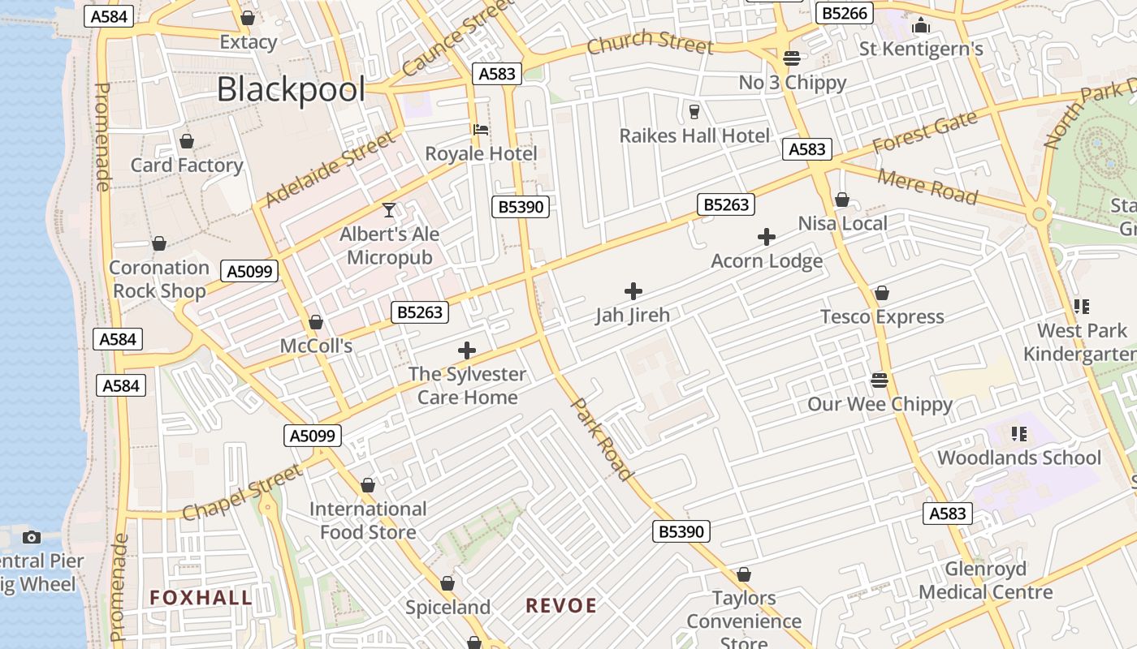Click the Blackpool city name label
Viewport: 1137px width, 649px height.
pyautogui.click(x=291, y=89)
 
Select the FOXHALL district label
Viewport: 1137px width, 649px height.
pyautogui.click(x=201, y=599)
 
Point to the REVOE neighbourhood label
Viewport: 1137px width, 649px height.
pyautogui.click(x=561, y=606)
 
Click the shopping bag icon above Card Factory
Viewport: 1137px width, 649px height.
pyautogui.click(x=187, y=142)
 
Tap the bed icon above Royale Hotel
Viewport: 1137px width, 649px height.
pyautogui.click(x=481, y=130)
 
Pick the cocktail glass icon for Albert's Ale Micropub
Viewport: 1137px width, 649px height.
pyautogui.click(x=390, y=211)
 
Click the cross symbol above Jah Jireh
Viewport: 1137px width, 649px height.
pyautogui.click(x=633, y=291)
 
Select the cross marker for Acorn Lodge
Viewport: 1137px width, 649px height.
pyautogui.click(x=766, y=237)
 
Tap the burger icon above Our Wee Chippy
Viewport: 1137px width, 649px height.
pyautogui.click(x=880, y=380)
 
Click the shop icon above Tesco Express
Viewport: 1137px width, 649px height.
pyautogui.click(x=882, y=293)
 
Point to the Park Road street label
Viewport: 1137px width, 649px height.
pyautogui.click(x=602, y=438)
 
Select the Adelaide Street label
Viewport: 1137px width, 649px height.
pyautogui.click(x=328, y=171)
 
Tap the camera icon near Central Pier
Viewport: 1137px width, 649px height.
pyautogui.click(x=32, y=537)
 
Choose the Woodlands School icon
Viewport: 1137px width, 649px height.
pyautogui.click(x=1019, y=433)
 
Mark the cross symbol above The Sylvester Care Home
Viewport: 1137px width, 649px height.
pyautogui.click(x=467, y=350)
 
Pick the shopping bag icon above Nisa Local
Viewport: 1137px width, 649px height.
pyautogui.click(x=842, y=200)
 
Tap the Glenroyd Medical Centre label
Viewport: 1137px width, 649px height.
pyautogui.click(x=986, y=580)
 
